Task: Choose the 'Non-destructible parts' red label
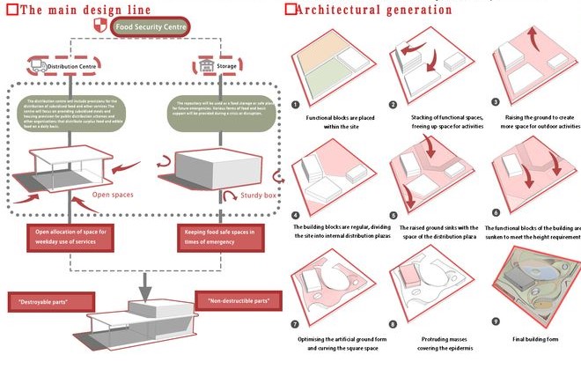click(237, 301)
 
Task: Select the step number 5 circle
click(394, 214)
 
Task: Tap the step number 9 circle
click(495, 322)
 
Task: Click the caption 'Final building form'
click(537, 336)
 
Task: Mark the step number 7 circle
click(297, 322)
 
